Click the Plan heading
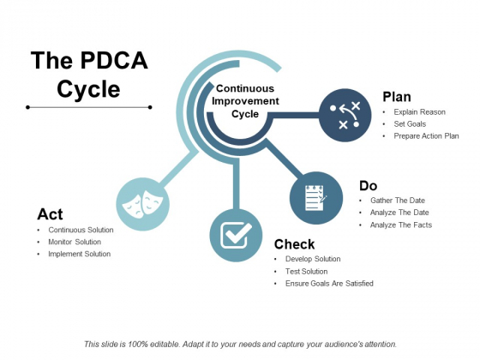[x=397, y=97]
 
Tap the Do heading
[x=368, y=186]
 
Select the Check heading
[x=295, y=244]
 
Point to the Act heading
[x=50, y=214]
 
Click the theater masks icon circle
[x=142, y=204]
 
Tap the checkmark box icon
[x=236, y=235]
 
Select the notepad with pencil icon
[x=316, y=198]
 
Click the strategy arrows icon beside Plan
[x=345, y=115]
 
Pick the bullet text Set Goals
[x=410, y=124]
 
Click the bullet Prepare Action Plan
[x=426, y=136]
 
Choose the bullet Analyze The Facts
[x=401, y=225]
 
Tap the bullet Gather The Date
[x=398, y=201]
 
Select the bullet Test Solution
[x=307, y=271]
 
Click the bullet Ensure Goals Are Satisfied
[x=329, y=284]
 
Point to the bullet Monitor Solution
[x=75, y=242]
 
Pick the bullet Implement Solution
[x=79, y=254]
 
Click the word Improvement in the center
[x=245, y=101]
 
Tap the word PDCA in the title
[x=114, y=60]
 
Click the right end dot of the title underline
[x=150, y=107]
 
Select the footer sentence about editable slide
[x=240, y=345]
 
